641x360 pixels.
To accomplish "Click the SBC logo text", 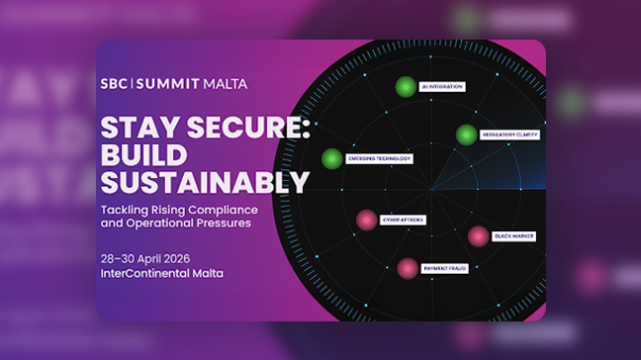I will point(114,84).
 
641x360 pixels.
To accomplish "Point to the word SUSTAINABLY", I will point(205,183).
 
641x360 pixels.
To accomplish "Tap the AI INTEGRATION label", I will point(441,87).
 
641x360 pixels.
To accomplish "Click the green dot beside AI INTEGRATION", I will point(404,87).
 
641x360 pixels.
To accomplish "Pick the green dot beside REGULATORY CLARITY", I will point(466,135).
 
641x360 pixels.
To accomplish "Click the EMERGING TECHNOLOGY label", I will point(379,158).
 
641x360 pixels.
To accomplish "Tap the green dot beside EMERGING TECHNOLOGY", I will point(332,158).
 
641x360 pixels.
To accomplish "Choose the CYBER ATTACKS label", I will point(403,220).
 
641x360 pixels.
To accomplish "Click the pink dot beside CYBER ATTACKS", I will point(367,220).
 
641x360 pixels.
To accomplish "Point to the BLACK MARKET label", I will point(515,235).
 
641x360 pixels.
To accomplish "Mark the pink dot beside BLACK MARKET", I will point(478,235).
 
